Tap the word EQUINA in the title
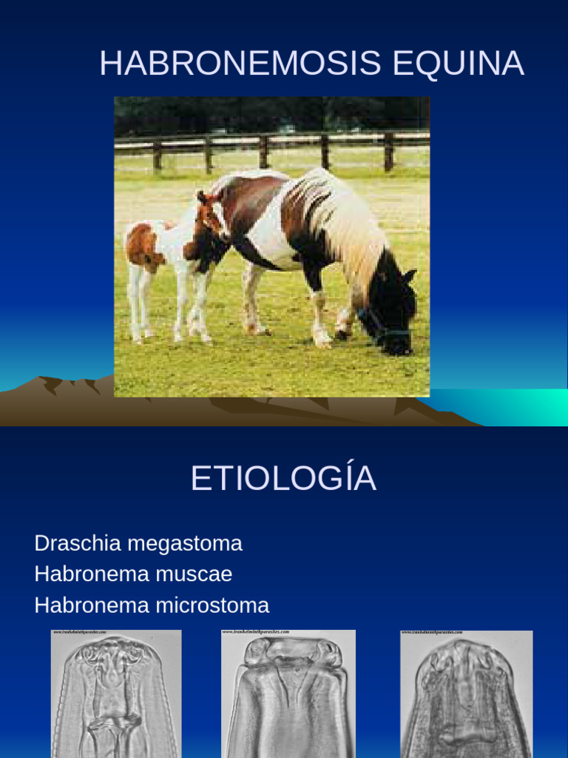pos(459,64)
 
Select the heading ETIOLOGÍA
pos(283,479)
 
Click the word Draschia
pos(78,544)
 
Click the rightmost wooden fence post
pos(388,151)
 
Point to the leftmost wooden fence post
pos(157,155)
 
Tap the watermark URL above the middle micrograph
pos(255,632)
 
